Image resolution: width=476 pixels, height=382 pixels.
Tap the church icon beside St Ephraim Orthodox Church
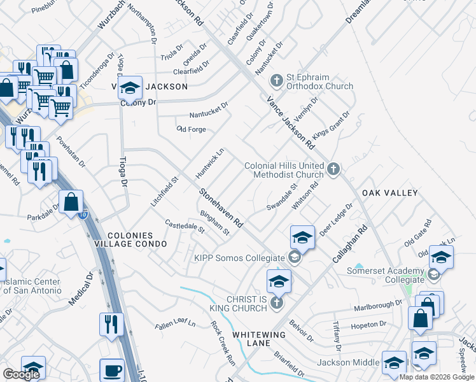(x=276, y=81)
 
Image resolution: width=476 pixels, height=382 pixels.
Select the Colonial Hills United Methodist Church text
(x=284, y=170)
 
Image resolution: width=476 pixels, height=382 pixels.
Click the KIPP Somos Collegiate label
(x=239, y=258)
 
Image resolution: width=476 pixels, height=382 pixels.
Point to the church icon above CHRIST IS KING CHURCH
(x=276, y=302)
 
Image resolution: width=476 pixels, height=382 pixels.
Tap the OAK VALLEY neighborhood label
(x=389, y=193)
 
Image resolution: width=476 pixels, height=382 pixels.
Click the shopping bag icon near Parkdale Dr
(x=71, y=202)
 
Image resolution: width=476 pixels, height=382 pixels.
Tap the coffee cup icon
(x=112, y=371)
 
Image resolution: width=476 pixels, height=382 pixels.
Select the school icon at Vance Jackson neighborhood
(x=130, y=88)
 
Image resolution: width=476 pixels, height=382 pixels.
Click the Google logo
(x=21, y=374)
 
